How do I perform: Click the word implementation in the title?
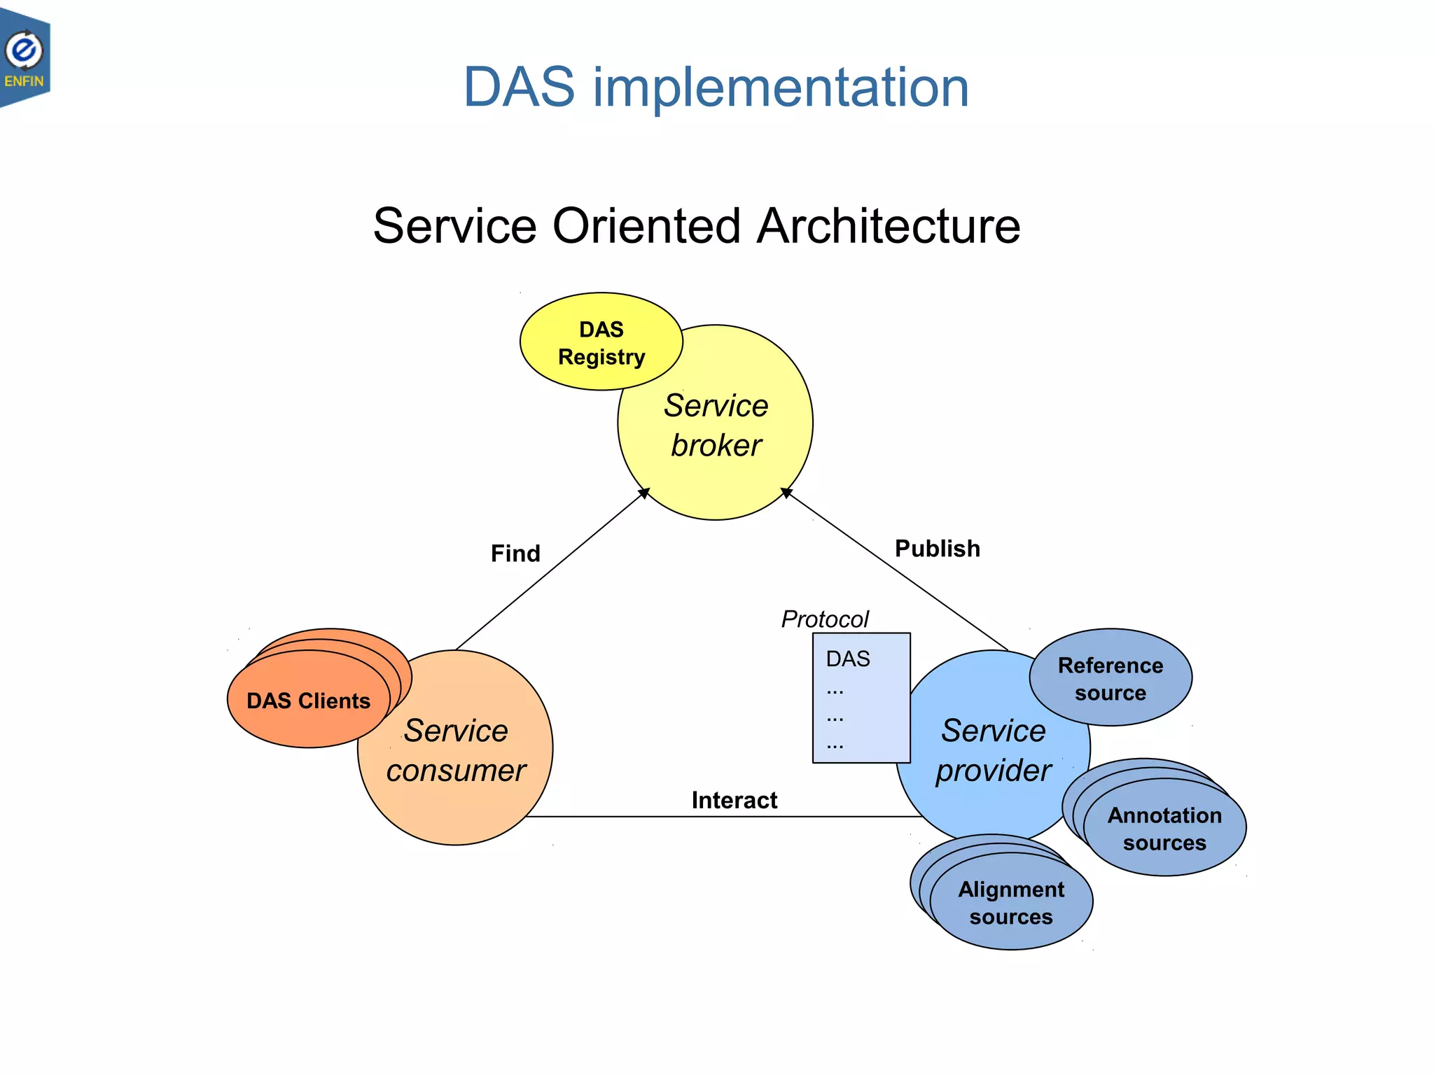tap(781, 87)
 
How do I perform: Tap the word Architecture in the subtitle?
tap(889, 226)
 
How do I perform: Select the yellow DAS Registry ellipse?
tap(601, 342)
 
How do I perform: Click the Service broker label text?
tap(716, 425)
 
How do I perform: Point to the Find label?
tap(515, 554)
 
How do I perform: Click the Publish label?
tap(937, 549)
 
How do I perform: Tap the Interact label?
tap(734, 800)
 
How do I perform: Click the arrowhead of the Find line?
tap(645, 493)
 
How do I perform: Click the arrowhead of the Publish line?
tap(786, 493)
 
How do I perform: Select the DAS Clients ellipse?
tap(308, 701)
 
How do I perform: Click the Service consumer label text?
tap(456, 750)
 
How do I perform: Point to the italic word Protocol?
tap(824, 619)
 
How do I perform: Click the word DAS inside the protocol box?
tap(847, 659)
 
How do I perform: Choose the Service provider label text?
tap(993, 750)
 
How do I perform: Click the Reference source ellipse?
tap(1111, 678)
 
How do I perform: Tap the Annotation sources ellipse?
tap(1164, 829)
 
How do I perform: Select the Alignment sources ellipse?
tap(1011, 903)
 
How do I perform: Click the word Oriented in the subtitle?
tap(646, 226)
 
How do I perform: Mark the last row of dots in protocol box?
tap(835, 745)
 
